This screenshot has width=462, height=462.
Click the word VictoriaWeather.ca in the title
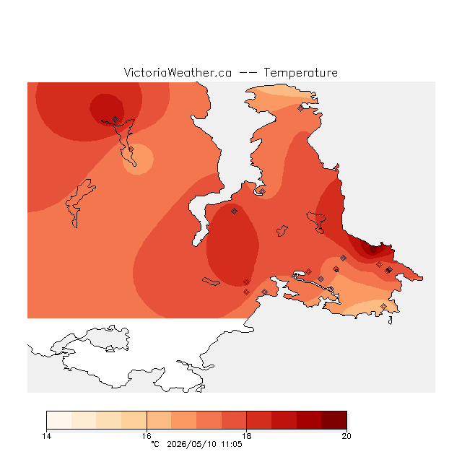point(178,73)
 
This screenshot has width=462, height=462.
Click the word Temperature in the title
point(300,73)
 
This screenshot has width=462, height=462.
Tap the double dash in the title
point(248,73)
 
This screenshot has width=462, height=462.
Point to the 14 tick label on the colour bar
point(46,436)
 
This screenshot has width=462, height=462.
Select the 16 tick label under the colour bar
point(147,436)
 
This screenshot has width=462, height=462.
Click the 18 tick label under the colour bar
point(247,436)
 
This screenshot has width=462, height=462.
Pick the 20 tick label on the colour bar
point(346,436)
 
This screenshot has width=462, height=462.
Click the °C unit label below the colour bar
point(155,444)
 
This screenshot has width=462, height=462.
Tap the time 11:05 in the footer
point(231,444)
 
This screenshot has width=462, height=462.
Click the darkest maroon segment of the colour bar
point(334,420)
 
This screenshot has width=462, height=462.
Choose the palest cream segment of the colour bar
point(59,420)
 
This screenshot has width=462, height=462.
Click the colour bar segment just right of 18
point(259,420)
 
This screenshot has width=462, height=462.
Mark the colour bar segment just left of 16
point(134,420)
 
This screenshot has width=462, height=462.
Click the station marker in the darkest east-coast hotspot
point(373,250)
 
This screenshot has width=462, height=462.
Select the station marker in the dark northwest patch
point(115,119)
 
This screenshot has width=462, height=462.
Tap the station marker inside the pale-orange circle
point(131,149)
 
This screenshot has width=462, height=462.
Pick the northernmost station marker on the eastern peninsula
point(300,108)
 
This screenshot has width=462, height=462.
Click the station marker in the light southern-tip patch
point(383,306)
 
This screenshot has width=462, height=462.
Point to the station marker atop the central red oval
point(234,211)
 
